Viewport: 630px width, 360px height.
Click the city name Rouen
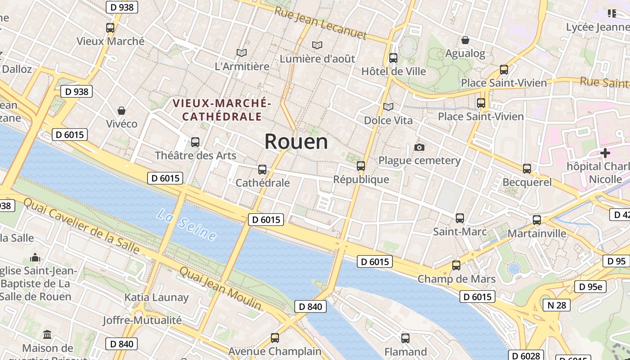296,142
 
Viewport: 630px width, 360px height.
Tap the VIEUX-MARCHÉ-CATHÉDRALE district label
222,110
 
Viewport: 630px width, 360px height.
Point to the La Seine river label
187,224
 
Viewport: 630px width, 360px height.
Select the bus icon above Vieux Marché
110,27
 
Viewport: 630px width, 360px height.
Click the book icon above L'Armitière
242,53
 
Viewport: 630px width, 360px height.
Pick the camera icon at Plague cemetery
419,147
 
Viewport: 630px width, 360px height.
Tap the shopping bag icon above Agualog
465,40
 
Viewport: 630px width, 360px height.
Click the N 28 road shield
556,305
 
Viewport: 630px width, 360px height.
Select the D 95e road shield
590,287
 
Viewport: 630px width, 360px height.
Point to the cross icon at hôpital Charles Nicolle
605,153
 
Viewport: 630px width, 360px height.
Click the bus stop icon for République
361,166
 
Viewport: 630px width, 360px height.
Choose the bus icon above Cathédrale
262,170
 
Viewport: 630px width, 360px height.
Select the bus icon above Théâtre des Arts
195,142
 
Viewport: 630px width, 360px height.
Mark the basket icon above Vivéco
121,110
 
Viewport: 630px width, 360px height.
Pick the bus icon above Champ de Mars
456,265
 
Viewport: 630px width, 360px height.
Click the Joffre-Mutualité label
142,320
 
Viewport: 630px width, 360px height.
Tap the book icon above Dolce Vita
388,107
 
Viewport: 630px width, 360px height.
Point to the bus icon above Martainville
537,220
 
